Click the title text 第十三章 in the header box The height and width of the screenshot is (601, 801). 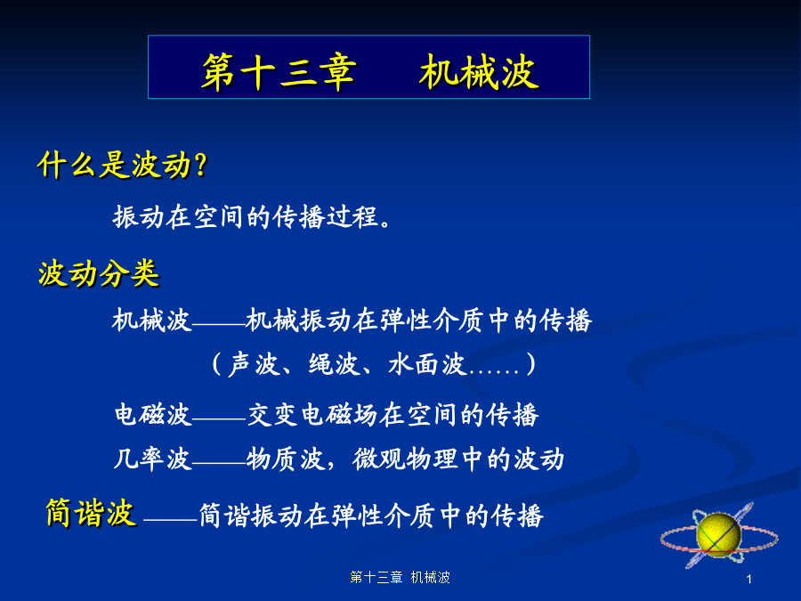[x=279, y=73]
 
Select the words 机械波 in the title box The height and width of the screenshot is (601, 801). [x=479, y=72]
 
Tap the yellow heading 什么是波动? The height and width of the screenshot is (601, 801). [x=123, y=165]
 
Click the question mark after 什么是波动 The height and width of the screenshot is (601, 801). [x=201, y=165]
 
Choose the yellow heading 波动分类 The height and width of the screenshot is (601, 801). [x=99, y=273]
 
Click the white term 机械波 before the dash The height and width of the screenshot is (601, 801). [x=151, y=321]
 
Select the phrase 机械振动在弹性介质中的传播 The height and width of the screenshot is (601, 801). [x=419, y=321]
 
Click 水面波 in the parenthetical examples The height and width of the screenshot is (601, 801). [x=426, y=364]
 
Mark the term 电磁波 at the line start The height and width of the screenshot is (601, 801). [x=152, y=414]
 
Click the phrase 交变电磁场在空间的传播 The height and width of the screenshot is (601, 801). [x=392, y=414]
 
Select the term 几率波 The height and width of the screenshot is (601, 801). [x=151, y=459]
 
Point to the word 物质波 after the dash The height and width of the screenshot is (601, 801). [x=286, y=459]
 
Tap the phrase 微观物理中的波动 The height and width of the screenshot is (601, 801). [x=458, y=459]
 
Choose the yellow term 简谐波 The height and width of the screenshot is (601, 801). [x=91, y=513]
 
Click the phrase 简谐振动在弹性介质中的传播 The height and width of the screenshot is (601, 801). [x=371, y=516]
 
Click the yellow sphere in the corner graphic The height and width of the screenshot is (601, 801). [x=718, y=534]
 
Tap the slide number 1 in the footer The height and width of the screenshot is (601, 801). [x=748, y=580]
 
